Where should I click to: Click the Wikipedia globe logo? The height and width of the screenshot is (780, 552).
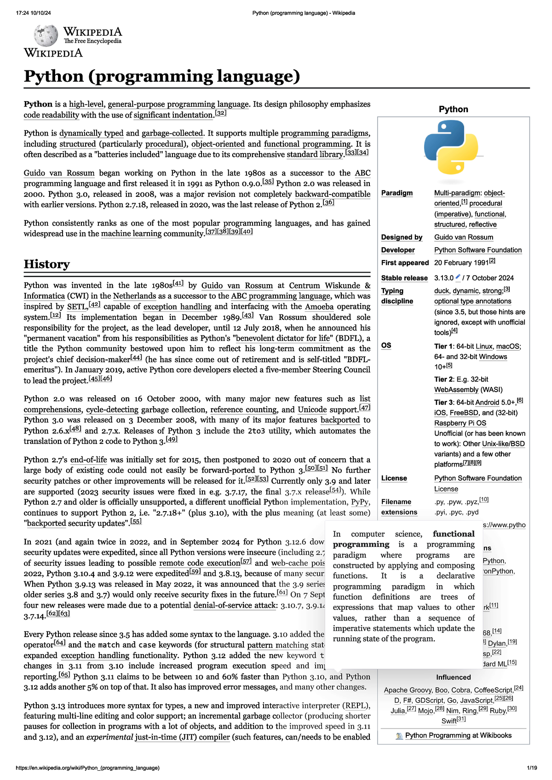click(46, 35)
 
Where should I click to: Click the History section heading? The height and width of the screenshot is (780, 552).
click(46, 264)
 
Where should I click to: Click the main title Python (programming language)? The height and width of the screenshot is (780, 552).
click(161, 76)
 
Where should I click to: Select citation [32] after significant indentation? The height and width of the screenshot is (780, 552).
click(221, 113)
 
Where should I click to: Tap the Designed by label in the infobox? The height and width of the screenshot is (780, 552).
click(402, 237)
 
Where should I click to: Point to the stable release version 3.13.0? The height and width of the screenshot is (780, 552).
click(443, 278)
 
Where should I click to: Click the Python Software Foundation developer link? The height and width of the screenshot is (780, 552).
click(477, 250)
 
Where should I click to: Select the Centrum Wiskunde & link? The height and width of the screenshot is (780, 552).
click(329, 285)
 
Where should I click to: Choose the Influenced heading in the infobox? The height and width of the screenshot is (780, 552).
click(453, 677)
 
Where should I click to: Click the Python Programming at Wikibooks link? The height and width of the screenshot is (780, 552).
click(458, 735)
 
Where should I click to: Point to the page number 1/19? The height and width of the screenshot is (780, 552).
click(532, 768)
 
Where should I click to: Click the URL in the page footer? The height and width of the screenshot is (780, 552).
click(87, 768)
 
